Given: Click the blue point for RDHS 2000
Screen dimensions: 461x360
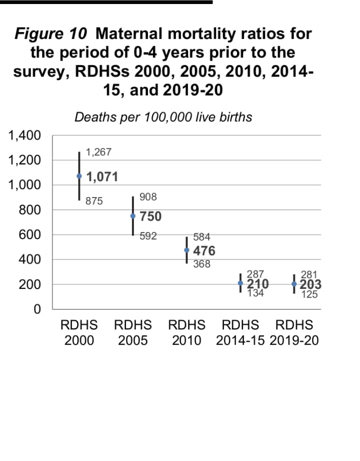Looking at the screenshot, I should coord(79,176).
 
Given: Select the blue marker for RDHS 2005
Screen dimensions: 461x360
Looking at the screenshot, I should coord(132,216).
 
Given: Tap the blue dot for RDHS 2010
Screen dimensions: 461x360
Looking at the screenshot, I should coord(186,250).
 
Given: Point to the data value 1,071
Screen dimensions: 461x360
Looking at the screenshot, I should coord(102,176).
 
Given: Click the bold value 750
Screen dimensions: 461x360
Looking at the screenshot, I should coord(150,216).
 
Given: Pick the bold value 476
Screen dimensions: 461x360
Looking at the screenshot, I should coord(204,250).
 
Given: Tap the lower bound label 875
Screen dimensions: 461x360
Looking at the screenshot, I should coord(94,201).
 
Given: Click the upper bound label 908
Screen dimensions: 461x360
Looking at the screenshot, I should coord(148,197).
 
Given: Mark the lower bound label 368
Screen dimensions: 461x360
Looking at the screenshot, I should coord(201,264).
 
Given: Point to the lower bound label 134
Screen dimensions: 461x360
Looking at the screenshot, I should coord(255,293).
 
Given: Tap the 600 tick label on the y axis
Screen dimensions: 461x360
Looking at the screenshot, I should coord(30,234).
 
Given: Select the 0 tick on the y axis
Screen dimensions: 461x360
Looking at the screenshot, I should coord(36,309).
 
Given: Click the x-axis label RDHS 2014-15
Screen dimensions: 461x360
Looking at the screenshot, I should coord(240,333).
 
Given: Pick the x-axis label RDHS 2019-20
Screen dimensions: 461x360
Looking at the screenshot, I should coord(294,333).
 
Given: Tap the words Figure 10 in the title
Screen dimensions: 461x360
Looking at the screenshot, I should coord(51,34).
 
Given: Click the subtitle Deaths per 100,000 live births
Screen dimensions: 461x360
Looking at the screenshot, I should coord(163,117).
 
